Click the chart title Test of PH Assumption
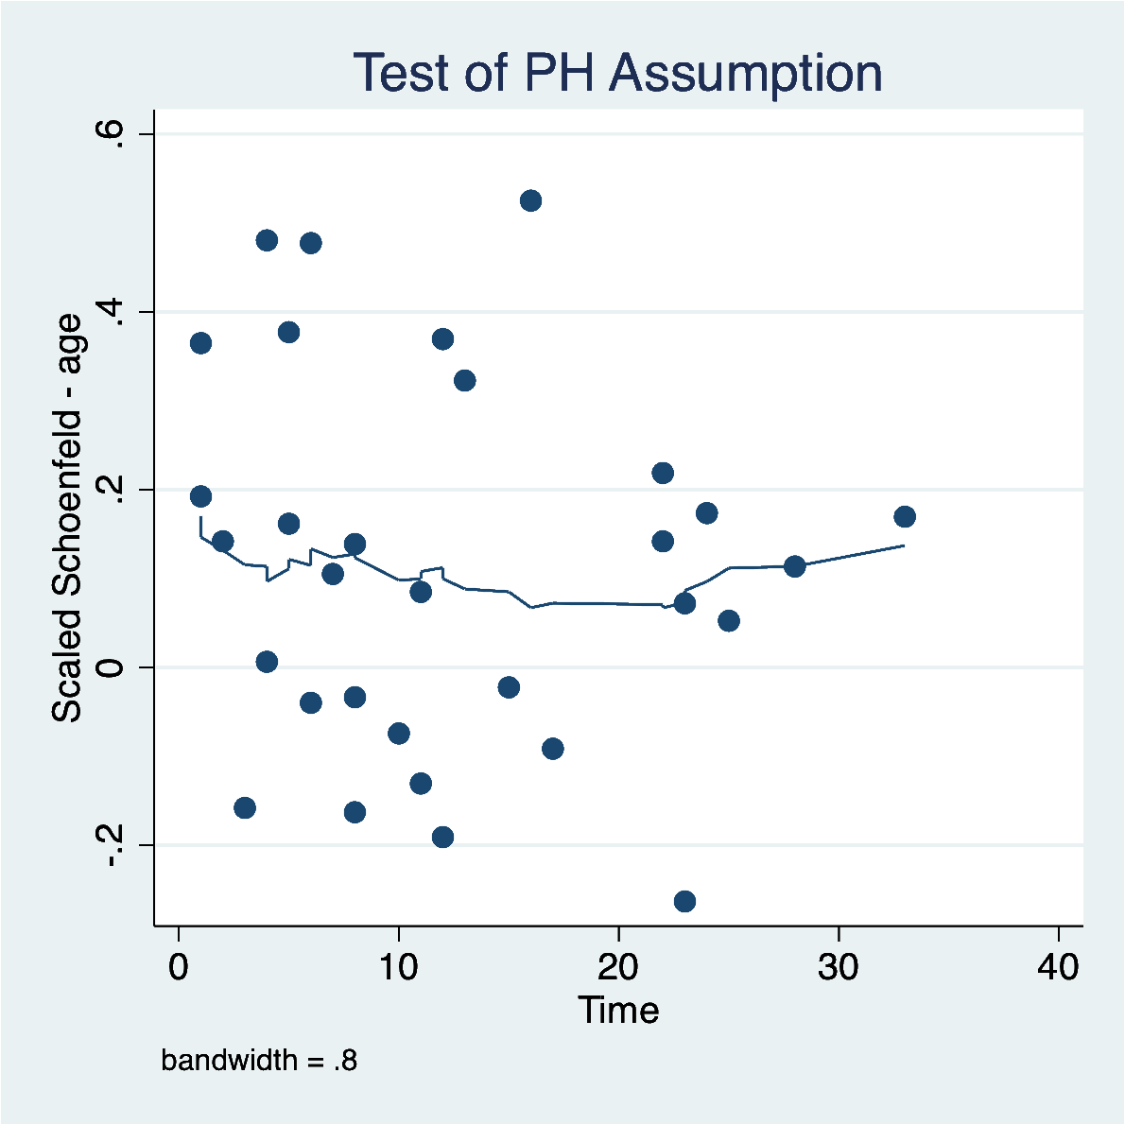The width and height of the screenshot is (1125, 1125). [x=617, y=73]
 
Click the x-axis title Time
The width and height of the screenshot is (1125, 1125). [x=618, y=1010]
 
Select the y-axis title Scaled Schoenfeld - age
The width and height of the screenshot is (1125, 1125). [x=67, y=519]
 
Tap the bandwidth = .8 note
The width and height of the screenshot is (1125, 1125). [x=259, y=1061]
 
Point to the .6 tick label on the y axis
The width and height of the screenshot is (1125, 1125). [x=110, y=134]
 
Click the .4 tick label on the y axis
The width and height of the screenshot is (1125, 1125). [x=110, y=312]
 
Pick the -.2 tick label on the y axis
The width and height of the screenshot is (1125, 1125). [x=110, y=845]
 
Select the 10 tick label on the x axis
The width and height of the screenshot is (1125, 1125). [x=398, y=968]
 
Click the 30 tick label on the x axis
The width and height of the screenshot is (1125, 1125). [x=839, y=968]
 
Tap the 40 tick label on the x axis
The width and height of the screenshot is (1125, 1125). [x=1059, y=968]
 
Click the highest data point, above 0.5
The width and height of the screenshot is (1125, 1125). [x=530, y=200]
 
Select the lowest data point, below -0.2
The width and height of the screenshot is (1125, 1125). [x=684, y=901]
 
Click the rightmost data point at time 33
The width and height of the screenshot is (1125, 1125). [x=905, y=516]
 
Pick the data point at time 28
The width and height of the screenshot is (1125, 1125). [x=794, y=566]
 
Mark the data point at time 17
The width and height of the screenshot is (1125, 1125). [x=553, y=749]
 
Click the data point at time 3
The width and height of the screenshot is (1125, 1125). [x=245, y=807]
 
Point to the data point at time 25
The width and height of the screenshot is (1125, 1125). [x=728, y=620]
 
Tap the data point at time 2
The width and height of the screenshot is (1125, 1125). [x=222, y=541]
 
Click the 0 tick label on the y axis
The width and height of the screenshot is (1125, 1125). [x=110, y=667]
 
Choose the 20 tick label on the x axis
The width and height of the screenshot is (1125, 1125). [x=618, y=968]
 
